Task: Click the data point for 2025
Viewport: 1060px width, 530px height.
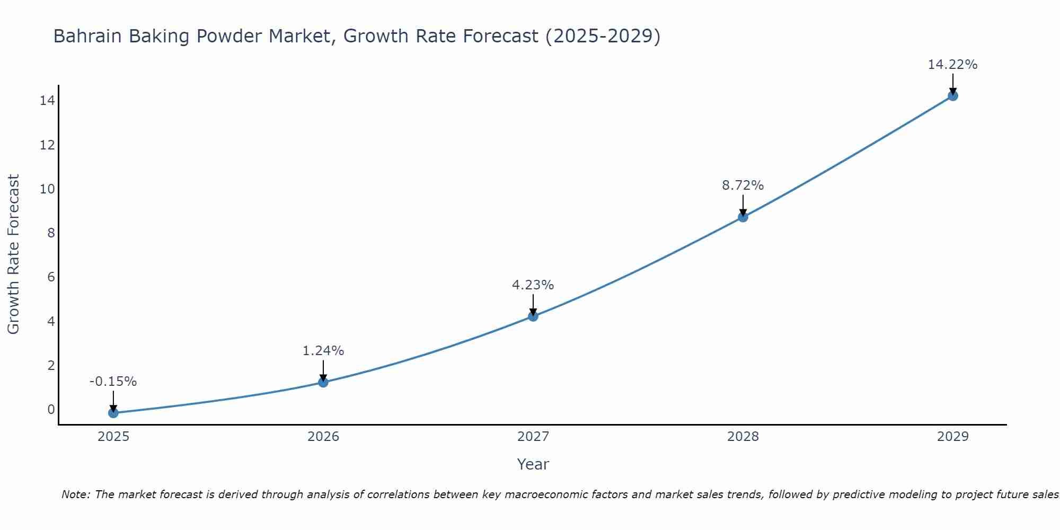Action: [x=113, y=413]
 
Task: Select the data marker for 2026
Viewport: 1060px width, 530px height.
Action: [x=323, y=382]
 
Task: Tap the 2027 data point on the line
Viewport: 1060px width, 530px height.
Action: [x=533, y=316]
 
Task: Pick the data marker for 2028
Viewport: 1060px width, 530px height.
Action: [x=743, y=217]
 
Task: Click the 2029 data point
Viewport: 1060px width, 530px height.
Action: [x=953, y=96]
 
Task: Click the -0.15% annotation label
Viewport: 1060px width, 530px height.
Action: [x=113, y=382]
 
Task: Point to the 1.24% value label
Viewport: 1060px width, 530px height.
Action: [x=323, y=351]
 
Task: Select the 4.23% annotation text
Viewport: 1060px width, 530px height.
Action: [x=533, y=285]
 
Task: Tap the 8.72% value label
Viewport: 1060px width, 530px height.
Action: [x=743, y=185]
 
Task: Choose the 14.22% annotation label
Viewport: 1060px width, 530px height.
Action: [x=952, y=65]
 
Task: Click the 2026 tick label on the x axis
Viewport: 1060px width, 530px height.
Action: [x=323, y=437]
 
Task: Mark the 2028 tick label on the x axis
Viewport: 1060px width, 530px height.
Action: [x=743, y=437]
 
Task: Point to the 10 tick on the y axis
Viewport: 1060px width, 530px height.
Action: [x=47, y=189]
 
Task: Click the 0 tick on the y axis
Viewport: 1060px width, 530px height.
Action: [x=51, y=409]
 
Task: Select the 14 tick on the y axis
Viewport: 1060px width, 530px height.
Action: [x=47, y=101]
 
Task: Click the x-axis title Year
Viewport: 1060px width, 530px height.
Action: [x=533, y=464]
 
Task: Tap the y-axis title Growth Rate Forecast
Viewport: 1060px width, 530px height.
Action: [x=13, y=254]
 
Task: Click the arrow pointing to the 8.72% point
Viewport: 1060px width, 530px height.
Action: [x=743, y=205]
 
